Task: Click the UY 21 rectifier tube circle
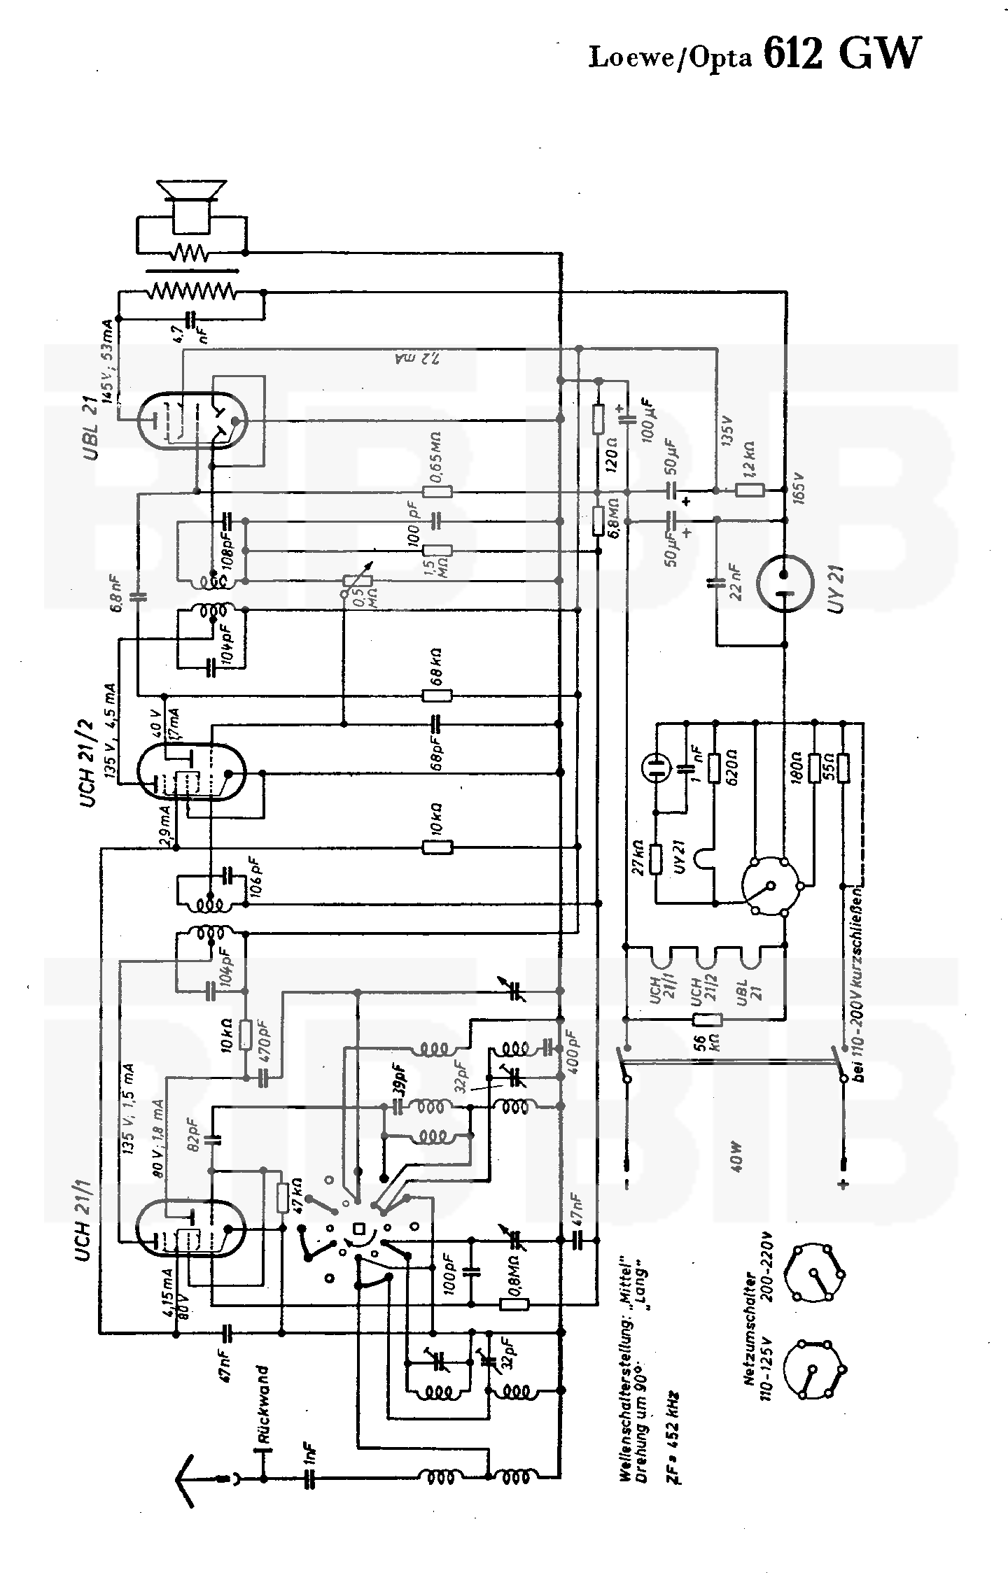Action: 786,582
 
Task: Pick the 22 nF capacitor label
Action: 735,581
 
